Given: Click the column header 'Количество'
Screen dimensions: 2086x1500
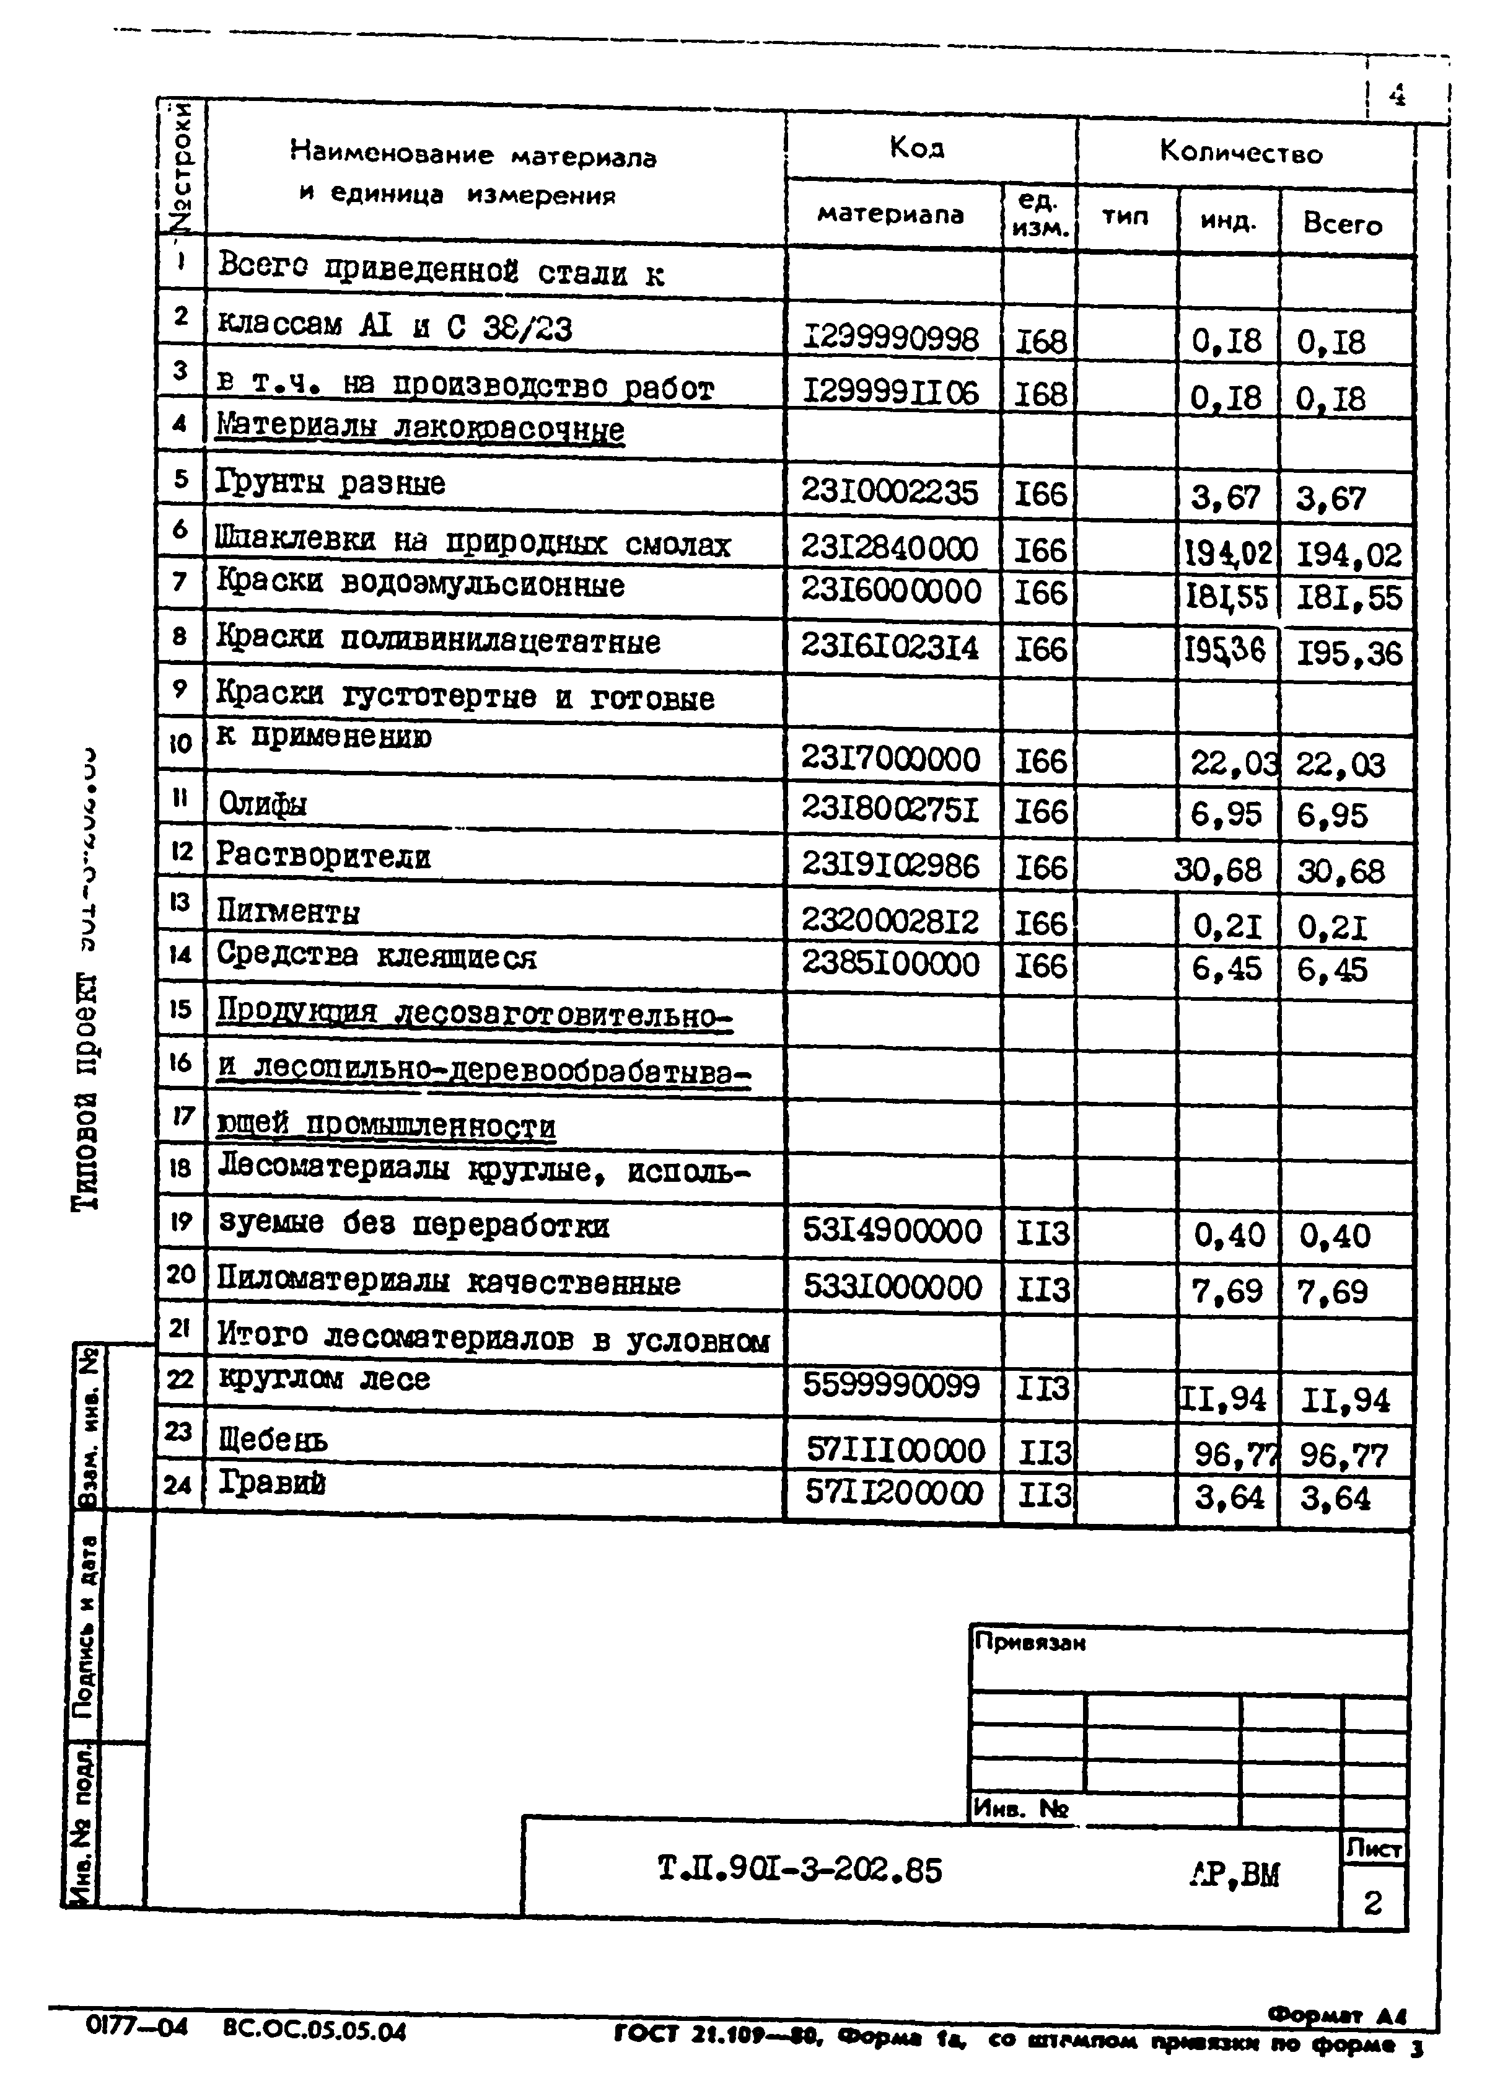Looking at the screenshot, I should tap(1240, 152).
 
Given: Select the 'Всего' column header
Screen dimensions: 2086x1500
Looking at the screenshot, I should tap(1342, 224).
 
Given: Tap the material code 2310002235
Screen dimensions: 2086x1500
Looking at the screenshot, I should tap(889, 492).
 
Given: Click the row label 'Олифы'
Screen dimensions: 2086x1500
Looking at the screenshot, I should tap(263, 805).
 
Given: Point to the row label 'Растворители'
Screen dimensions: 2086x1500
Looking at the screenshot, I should tap(323, 856).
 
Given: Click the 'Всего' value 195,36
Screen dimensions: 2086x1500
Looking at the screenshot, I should tap(1348, 654).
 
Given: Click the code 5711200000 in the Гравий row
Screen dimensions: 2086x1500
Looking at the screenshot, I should tap(893, 1492).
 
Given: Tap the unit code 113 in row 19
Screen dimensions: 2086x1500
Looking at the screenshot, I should tap(1043, 1233).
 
